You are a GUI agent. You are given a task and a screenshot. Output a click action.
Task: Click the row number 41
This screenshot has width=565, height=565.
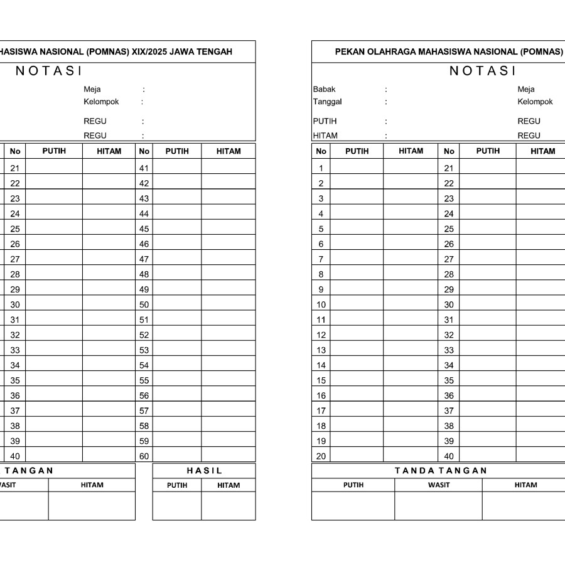(144, 168)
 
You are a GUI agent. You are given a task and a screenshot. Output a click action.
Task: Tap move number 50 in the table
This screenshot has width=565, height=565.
(144, 305)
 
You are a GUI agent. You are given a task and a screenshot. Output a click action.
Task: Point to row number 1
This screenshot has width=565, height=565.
(321, 168)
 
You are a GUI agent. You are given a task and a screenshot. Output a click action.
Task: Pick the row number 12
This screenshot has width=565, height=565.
(321, 335)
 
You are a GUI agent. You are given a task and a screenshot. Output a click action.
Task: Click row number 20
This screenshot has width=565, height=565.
(321, 457)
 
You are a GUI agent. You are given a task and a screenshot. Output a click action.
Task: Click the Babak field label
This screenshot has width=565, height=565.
(324, 89)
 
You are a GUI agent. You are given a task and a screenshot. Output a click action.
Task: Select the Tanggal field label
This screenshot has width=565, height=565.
(327, 102)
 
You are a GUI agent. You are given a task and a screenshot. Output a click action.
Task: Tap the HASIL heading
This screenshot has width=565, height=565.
(204, 471)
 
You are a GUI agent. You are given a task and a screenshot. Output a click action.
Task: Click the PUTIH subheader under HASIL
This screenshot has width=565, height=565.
(177, 485)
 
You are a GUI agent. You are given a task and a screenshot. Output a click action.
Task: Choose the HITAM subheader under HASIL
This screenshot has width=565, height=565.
(229, 485)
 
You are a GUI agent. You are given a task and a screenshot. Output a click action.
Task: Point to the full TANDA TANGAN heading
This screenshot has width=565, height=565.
(441, 471)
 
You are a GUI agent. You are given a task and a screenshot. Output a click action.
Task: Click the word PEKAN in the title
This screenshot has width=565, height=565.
(349, 52)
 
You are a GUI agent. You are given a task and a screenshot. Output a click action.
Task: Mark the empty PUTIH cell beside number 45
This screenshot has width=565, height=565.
(177, 229)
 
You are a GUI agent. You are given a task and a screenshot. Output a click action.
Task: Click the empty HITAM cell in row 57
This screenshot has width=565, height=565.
(228, 411)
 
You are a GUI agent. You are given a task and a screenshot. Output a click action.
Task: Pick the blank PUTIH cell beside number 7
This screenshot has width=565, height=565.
(357, 259)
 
